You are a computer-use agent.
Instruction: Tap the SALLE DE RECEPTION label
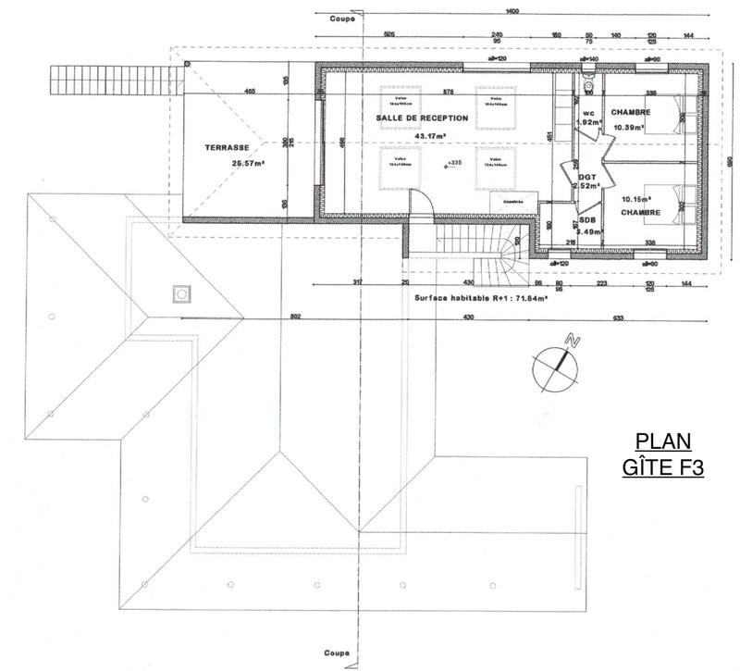(422, 118)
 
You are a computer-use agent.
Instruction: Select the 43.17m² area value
(431, 136)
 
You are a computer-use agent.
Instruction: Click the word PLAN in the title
(663, 441)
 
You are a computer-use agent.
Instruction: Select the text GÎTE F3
(662, 467)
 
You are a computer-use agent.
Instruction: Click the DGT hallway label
(586, 176)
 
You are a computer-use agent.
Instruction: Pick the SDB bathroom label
(586, 220)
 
